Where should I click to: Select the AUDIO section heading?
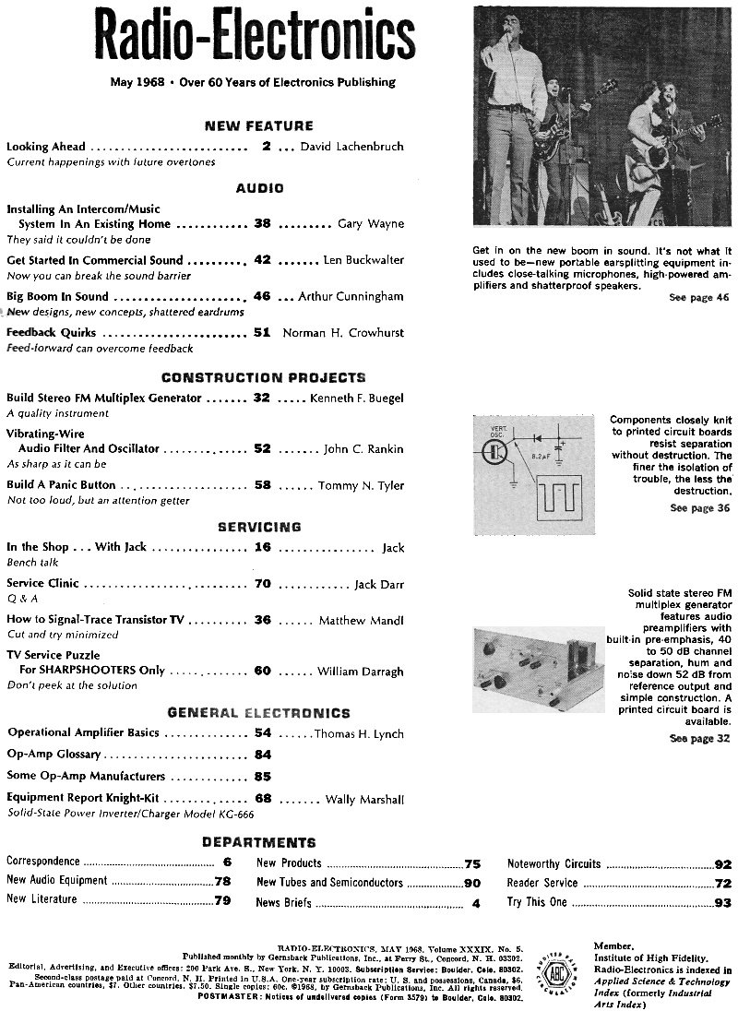pyautogui.click(x=259, y=188)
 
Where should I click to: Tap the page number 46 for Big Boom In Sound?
pyautogui.click(x=262, y=297)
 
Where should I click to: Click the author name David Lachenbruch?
pyautogui.click(x=352, y=146)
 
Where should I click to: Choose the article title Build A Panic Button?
pyautogui.click(x=61, y=484)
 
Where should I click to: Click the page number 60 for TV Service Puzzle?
pyautogui.click(x=262, y=671)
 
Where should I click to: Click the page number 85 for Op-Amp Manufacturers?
pyautogui.click(x=262, y=777)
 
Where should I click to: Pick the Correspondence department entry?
pyautogui.click(x=42, y=862)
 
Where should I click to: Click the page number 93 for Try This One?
pyautogui.click(x=722, y=902)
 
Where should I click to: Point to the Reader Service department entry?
pyautogui.click(x=542, y=883)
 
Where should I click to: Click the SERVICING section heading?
pyautogui.click(x=259, y=527)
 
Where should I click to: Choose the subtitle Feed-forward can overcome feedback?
pyautogui.click(x=100, y=349)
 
